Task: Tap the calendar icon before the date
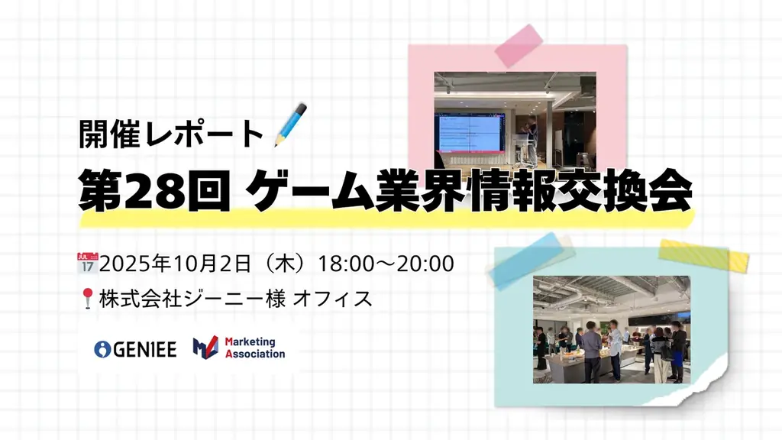point(88,262)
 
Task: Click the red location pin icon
point(86,298)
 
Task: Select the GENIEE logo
point(135,349)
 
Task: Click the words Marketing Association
point(255,348)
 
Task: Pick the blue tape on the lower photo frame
point(532,259)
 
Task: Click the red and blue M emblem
point(205,348)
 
